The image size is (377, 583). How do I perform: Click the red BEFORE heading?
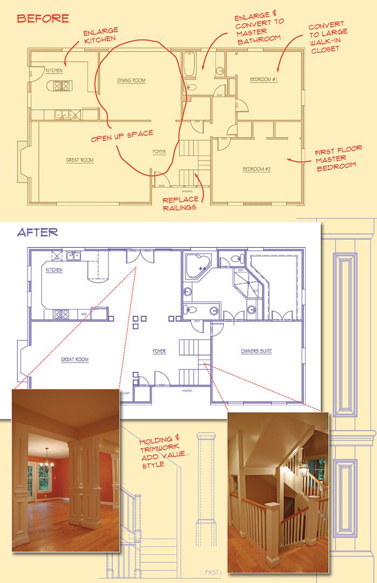click(43, 18)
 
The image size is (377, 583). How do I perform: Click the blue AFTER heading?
click(37, 233)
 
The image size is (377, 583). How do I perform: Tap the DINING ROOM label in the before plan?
click(132, 80)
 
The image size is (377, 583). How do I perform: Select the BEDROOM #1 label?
click(264, 80)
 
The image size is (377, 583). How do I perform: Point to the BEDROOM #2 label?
click(256, 169)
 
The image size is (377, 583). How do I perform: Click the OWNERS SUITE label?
click(256, 351)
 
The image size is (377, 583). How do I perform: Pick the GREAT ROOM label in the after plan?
click(74, 360)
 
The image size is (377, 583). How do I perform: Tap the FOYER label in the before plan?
click(159, 152)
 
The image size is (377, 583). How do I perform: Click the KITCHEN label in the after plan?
click(54, 270)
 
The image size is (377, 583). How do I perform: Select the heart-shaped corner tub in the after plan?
click(198, 265)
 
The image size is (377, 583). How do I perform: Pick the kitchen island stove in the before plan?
click(61, 86)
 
